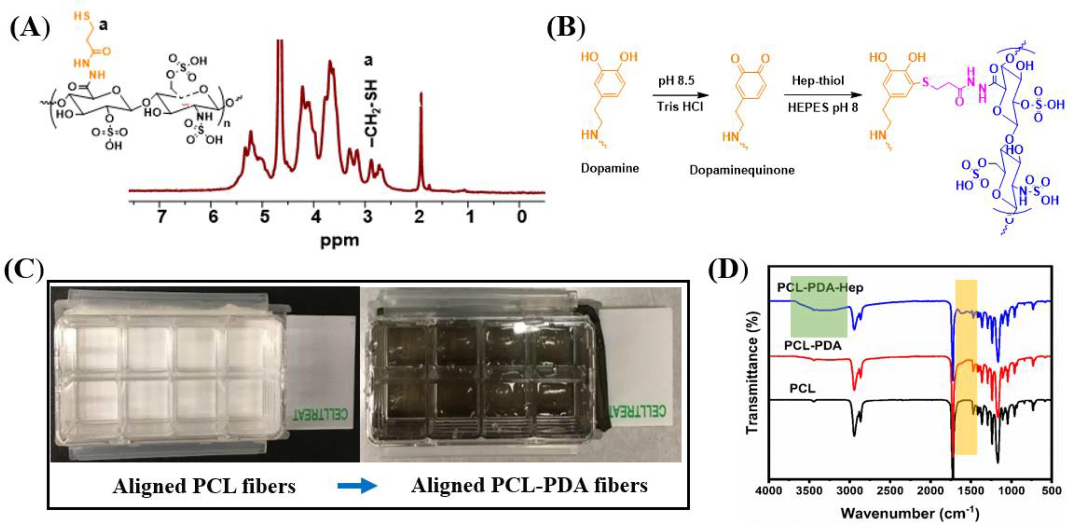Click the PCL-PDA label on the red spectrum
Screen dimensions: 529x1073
click(813, 345)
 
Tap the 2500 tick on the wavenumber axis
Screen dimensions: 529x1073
click(890, 491)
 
